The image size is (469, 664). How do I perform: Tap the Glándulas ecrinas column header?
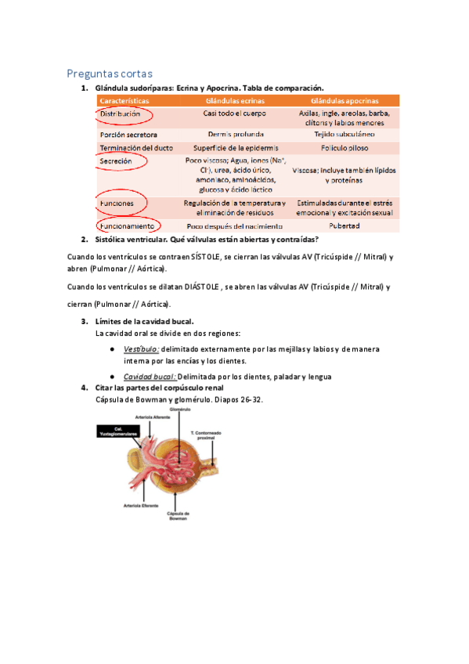235,101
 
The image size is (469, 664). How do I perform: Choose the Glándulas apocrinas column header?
345,101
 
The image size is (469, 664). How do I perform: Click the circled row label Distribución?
121,114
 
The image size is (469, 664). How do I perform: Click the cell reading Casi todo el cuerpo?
235,114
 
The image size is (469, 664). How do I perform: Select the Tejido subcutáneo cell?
344,134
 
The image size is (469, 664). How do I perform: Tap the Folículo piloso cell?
344,147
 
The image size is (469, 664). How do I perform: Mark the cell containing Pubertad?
344,226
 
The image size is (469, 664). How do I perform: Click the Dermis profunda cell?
235,134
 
